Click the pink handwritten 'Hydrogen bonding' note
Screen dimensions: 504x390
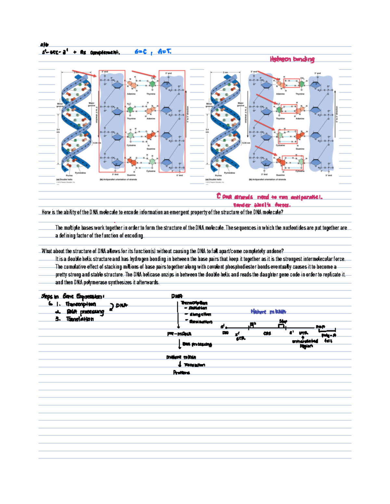(x=292, y=59)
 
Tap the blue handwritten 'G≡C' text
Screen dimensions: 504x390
(x=141, y=52)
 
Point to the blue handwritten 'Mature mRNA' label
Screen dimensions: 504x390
(x=268, y=312)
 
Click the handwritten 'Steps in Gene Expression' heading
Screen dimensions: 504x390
(x=72, y=296)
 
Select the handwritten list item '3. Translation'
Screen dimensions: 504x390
(x=75, y=319)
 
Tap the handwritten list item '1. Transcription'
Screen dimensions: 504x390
(x=76, y=304)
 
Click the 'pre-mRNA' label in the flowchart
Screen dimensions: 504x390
(x=179, y=334)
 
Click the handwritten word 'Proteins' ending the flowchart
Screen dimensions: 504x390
(x=181, y=373)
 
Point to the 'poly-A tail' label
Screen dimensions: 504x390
(x=329, y=338)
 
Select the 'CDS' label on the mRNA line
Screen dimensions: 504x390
(x=267, y=334)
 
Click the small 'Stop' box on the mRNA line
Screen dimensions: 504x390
(x=281, y=326)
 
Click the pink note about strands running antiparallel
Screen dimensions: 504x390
(x=270, y=197)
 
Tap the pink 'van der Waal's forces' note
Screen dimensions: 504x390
(x=262, y=205)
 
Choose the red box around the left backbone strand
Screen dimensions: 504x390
(x=112, y=121)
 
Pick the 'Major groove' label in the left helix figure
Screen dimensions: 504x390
(x=91, y=104)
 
